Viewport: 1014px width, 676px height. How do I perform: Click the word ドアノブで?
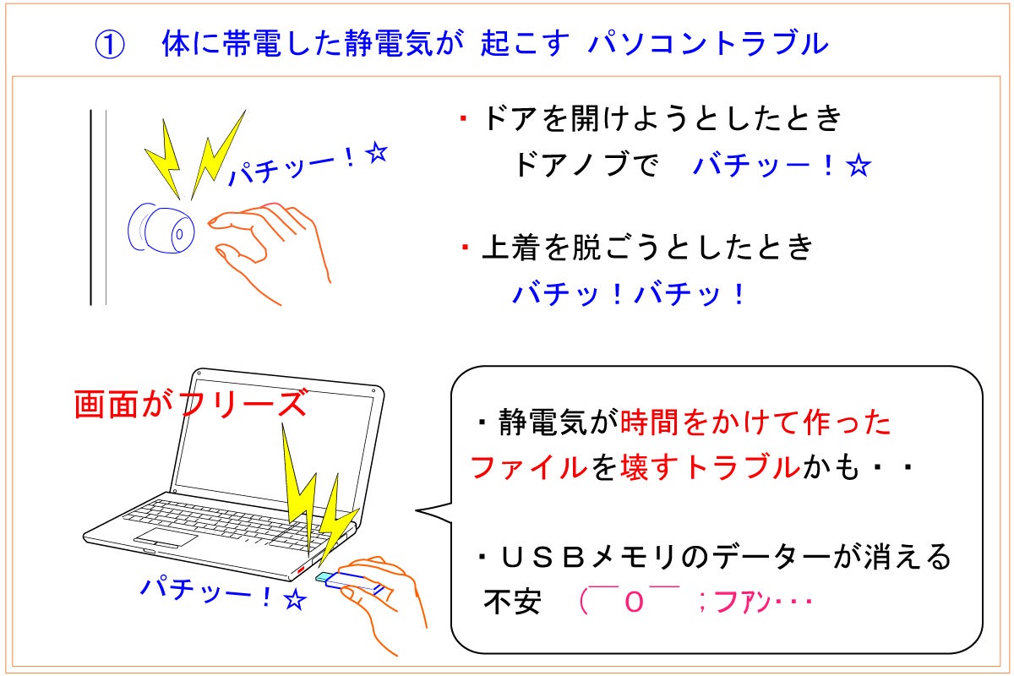(x=586, y=166)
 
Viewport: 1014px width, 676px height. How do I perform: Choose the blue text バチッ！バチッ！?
(x=630, y=294)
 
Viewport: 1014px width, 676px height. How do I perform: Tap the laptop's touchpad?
(x=166, y=538)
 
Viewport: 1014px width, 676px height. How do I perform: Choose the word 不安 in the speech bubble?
(x=512, y=603)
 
